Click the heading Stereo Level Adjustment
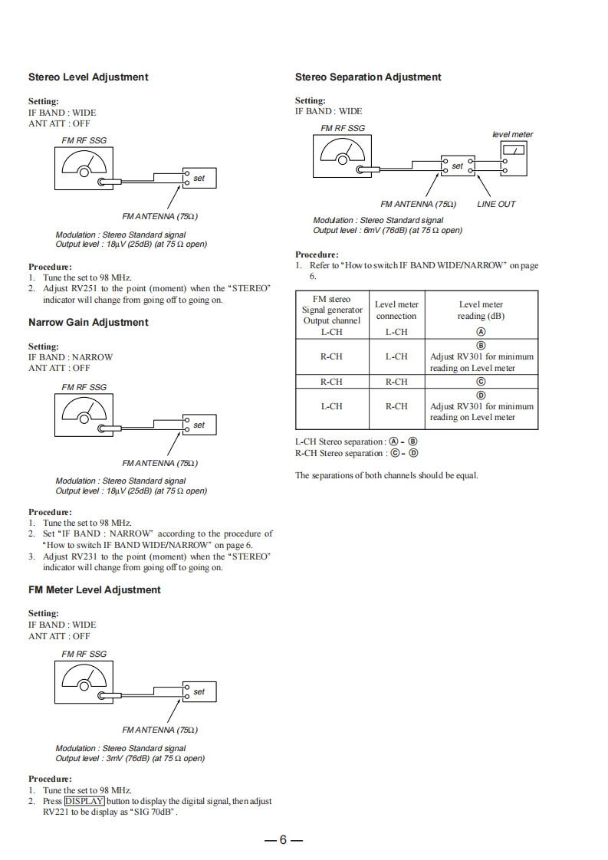[x=88, y=77]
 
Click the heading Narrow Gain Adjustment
[x=88, y=323]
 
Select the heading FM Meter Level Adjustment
[x=94, y=590]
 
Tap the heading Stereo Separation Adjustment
[x=368, y=77]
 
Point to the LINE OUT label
[x=496, y=205]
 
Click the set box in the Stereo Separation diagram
[x=458, y=166]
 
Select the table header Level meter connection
[x=396, y=310]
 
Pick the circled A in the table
[x=481, y=332]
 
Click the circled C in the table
[x=481, y=382]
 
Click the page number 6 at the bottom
[x=283, y=840]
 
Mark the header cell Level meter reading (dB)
[x=481, y=310]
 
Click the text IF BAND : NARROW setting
[x=71, y=357]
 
